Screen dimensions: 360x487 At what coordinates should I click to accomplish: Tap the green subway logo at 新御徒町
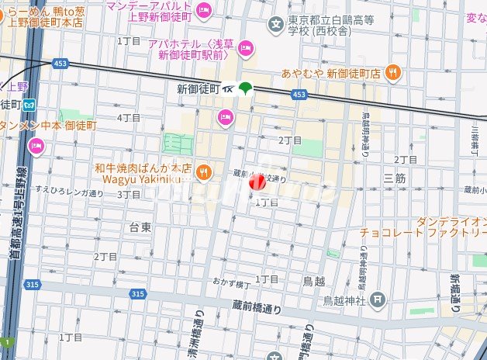tap(245, 89)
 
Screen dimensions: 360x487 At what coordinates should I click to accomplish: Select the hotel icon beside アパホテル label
tap(247, 49)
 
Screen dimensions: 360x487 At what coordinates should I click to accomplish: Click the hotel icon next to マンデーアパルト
tap(205, 9)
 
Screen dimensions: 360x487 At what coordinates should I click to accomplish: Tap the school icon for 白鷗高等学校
tap(275, 26)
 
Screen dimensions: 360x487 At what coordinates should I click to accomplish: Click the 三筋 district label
tap(394, 178)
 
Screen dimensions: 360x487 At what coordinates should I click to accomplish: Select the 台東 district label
tap(140, 227)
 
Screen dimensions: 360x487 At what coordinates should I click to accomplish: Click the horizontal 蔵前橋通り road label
tap(257, 307)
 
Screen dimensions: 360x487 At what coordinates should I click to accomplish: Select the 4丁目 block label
tap(128, 118)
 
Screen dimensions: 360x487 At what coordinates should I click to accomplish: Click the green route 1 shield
tap(7, 342)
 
